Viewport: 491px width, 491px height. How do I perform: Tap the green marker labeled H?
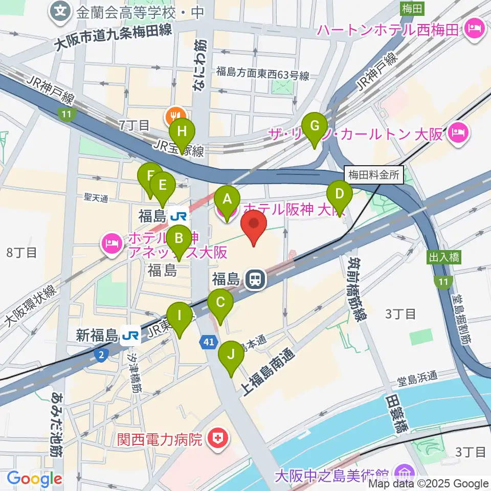(x=182, y=131)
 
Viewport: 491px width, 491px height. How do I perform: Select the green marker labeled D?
(x=340, y=195)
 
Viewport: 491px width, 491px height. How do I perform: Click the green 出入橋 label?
(x=444, y=257)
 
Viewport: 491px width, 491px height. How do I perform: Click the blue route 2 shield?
(x=101, y=354)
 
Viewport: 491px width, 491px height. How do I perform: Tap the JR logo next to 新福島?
(x=131, y=335)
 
